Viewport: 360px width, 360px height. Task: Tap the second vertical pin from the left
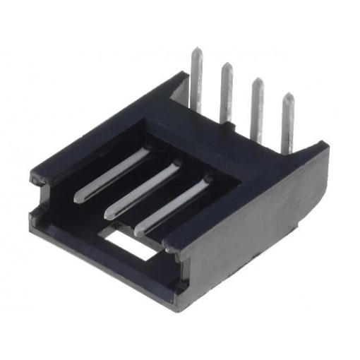click(x=227, y=92)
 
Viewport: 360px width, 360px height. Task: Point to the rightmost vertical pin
click(x=288, y=124)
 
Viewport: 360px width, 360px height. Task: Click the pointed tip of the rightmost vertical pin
click(x=288, y=95)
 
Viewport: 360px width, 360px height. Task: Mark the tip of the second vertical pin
click(x=227, y=65)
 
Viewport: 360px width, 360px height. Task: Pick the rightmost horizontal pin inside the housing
click(x=173, y=204)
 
